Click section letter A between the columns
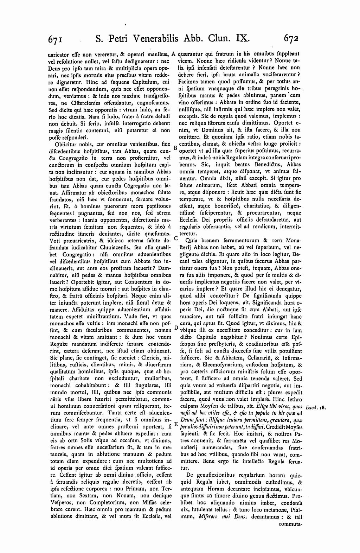(x=174, y=54)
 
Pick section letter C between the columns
(x=176, y=238)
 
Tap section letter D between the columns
(x=176, y=329)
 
